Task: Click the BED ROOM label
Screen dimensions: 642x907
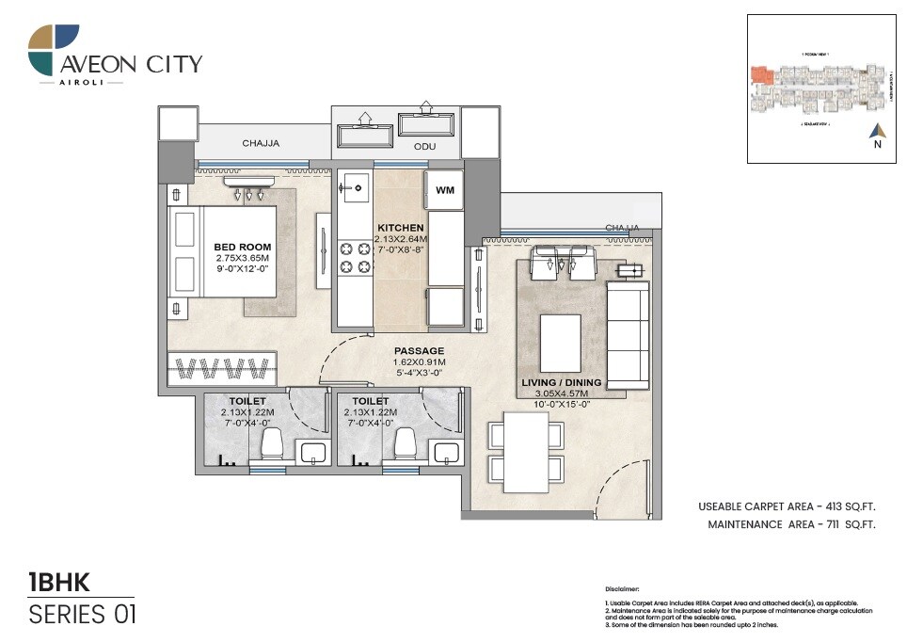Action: click(x=242, y=248)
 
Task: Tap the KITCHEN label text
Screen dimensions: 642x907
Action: click(x=400, y=228)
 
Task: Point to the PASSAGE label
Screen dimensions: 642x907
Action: click(x=419, y=351)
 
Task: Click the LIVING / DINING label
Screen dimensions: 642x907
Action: click(x=562, y=383)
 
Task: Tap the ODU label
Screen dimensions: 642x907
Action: click(x=424, y=147)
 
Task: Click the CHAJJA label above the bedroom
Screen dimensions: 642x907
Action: click(x=261, y=144)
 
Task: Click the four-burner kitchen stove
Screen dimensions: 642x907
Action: click(x=354, y=258)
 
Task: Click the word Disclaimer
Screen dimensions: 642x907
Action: click(x=622, y=586)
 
